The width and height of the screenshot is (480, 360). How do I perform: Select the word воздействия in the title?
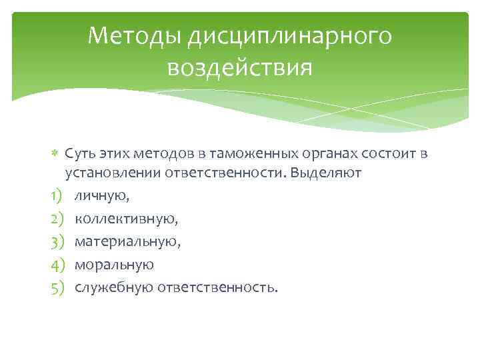click(x=240, y=67)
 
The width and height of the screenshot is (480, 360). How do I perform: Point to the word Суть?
click(x=80, y=154)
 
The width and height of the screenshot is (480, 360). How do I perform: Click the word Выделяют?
click(x=330, y=173)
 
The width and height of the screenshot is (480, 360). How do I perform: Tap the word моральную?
click(x=114, y=265)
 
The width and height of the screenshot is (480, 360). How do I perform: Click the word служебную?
click(x=115, y=287)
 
